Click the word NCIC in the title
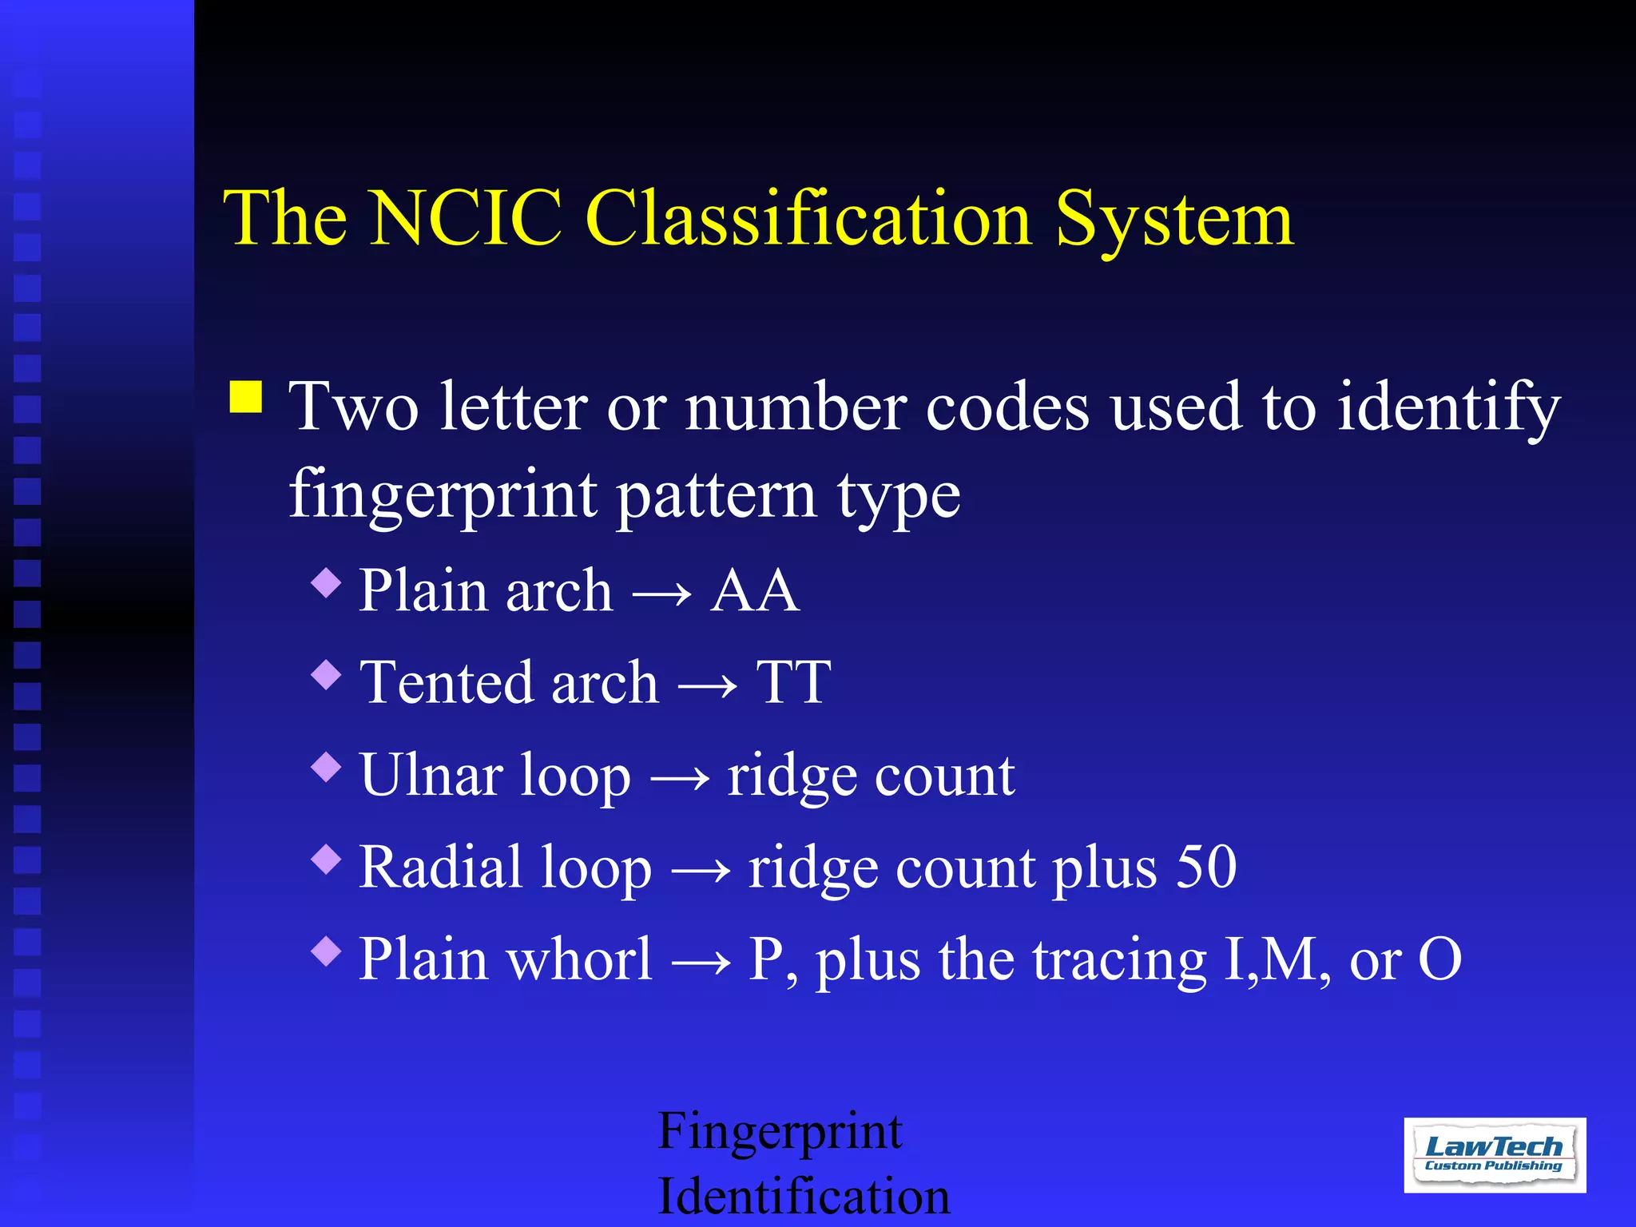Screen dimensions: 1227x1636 click(x=466, y=218)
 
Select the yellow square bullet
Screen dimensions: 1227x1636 click(x=246, y=396)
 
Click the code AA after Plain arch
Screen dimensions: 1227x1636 click(x=754, y=591)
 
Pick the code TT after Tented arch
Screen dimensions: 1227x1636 click(x=793, y=683)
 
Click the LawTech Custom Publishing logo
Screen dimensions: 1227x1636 click(x=1495, y=1155)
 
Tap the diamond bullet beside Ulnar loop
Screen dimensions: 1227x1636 click(x=327, y=768)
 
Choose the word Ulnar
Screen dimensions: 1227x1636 click(x=431, y=775)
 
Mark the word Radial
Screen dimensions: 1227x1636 click(x=442, y=867)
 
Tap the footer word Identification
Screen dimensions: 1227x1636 click(x=804, y=1196)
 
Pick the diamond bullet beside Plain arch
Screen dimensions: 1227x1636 click(x=327, y=582)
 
